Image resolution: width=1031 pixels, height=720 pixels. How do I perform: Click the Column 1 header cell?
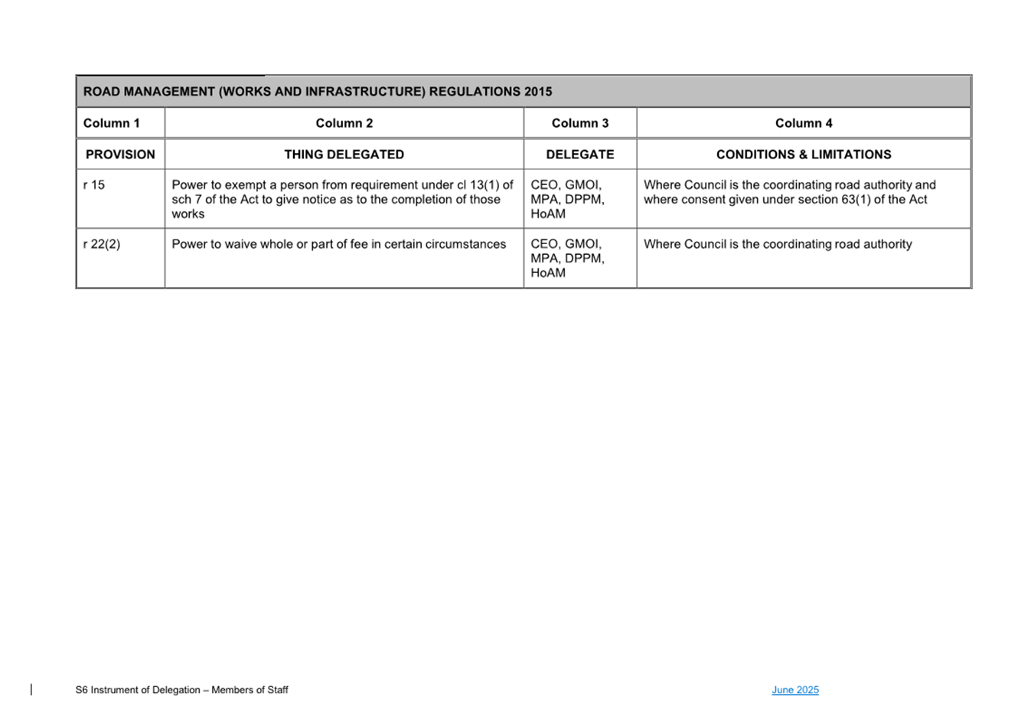112,123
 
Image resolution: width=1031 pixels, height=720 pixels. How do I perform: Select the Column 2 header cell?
344,123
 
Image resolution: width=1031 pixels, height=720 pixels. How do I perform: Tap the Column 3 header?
580,123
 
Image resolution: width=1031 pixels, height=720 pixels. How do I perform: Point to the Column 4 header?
804,123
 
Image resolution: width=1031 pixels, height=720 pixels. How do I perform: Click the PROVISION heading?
120,155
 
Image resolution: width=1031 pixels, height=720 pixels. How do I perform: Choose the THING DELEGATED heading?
344,155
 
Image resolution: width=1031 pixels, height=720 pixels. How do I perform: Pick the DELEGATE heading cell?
580,155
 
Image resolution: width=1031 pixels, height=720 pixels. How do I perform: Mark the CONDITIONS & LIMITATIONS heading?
804,155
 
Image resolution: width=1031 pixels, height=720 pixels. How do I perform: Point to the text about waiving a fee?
339,244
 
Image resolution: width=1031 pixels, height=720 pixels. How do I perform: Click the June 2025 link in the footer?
795,690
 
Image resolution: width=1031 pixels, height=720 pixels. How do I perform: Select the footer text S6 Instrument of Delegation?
181,690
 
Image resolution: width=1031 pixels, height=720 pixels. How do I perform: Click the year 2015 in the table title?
538,92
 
